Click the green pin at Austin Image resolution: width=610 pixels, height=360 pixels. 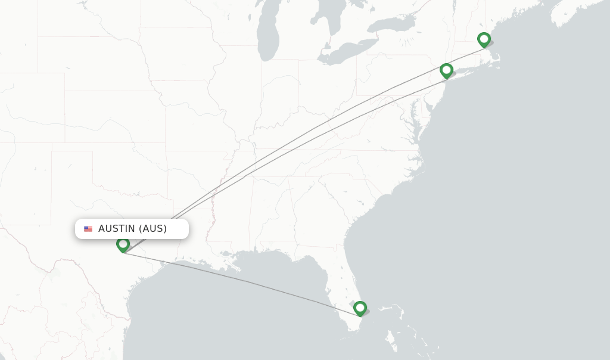(123, 244)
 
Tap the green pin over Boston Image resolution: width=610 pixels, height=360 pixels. (484, 39)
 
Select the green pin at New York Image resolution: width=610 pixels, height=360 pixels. (446, 70)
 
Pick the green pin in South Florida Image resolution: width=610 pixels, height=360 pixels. (360, 308)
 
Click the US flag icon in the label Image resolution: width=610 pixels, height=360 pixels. (88, 229)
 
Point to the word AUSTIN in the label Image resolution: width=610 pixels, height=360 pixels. (117, 229)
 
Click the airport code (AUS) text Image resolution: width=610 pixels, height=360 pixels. (153, 229)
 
